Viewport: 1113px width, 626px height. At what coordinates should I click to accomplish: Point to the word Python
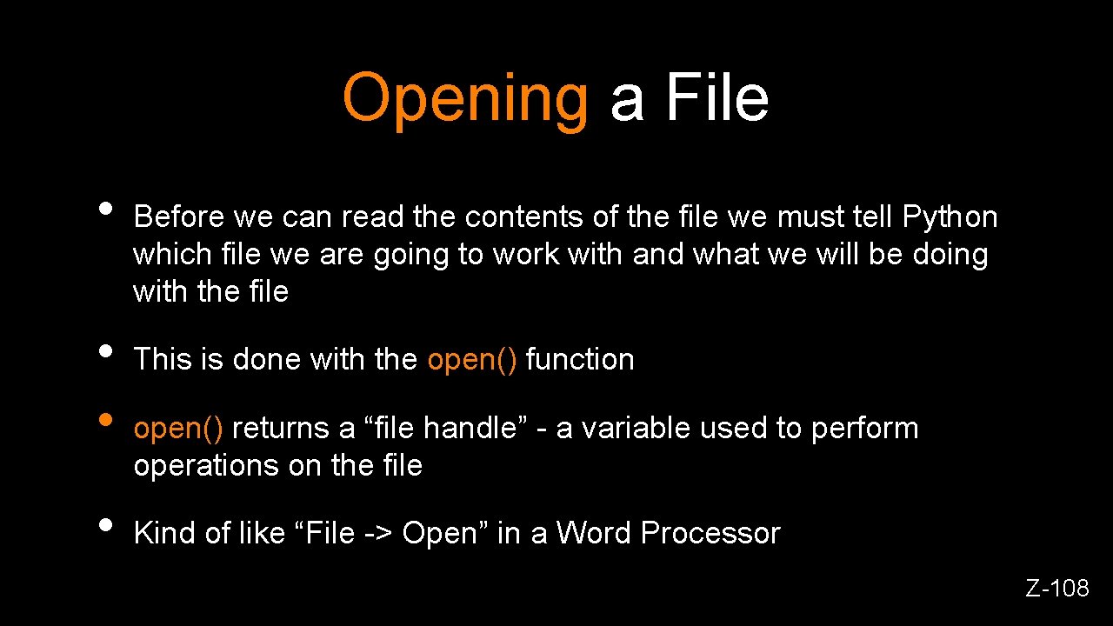(x=950, y=217)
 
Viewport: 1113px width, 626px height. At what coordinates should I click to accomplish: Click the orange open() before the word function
(x=472, y=359)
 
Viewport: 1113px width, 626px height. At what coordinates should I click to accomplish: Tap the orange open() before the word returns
(x=178, y=428)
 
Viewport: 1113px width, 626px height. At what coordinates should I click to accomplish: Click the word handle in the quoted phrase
(x=470, y=428)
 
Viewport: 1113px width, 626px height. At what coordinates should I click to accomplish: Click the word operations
(x=206, y=466)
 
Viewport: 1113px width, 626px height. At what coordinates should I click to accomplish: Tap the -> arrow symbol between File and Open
(x=378, y=534)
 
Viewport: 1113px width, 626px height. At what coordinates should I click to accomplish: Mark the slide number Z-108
(x=1056, y=589)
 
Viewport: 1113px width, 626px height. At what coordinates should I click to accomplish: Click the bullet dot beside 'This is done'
(x=105, y=350)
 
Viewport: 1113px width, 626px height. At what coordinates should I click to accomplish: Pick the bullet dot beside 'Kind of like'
(x=105, y=524)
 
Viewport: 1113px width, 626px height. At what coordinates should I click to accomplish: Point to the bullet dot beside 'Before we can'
(x=105, y=208)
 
